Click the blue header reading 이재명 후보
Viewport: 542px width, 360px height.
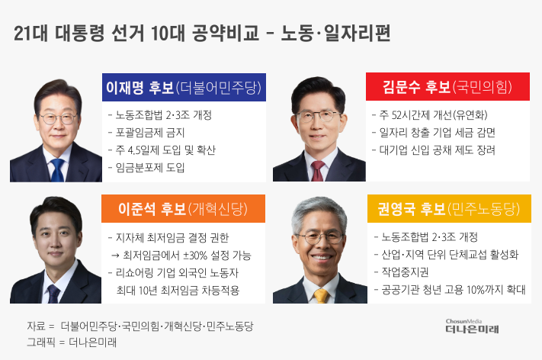pos(184,87)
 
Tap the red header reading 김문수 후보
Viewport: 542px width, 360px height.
pos(447,86)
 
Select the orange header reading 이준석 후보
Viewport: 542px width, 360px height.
pos(183,208)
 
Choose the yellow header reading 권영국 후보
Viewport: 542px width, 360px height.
pos(449,208)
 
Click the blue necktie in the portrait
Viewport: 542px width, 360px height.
pos(57,170)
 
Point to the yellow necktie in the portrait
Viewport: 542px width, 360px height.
pos(321,296)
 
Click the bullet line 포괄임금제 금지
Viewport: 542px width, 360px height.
pos(146,133)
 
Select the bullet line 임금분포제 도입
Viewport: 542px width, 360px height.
pos(146,167)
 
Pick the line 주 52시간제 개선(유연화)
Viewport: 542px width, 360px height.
pos(430,115)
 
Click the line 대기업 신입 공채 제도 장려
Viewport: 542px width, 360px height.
pos(434,150)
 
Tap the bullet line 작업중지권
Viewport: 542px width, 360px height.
pos(401,272)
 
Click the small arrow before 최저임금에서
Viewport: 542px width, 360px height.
pos(115,256)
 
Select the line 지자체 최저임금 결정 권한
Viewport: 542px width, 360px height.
pos(168,238)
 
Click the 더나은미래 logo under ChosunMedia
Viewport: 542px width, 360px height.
pos(472,329)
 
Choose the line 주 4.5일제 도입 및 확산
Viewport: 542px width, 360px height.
pos(162,150)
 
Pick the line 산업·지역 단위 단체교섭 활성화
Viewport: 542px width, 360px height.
pos(446,255)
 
